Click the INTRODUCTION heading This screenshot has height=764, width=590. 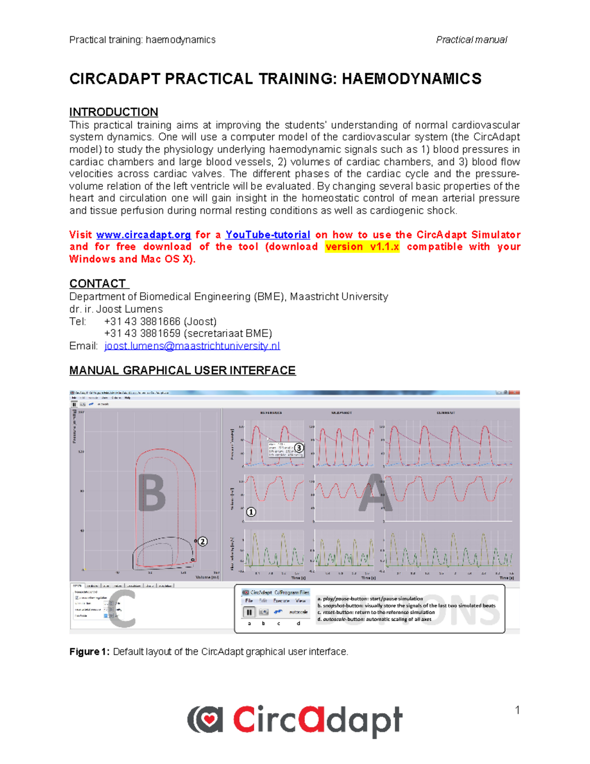point(114,112)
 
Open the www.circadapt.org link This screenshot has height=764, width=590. point(144,235)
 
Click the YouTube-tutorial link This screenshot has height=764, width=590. point(267,235)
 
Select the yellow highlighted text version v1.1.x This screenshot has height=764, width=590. point(362,247)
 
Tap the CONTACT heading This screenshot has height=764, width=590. point(98,284)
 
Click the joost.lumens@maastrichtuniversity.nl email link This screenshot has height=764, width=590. point(192,346)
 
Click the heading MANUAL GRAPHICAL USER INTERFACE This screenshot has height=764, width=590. point(182,370)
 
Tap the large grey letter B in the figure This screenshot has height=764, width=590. point(152,493)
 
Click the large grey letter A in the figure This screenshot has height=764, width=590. point(375,493)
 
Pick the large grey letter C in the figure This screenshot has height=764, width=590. point(122,609)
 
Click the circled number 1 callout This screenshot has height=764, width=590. point(251,512)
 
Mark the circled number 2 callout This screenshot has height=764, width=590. point(203,542)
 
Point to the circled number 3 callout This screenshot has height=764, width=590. point(299,448)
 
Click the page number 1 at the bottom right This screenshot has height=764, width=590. point(517,710)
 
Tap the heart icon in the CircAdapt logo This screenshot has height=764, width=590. point(209,720)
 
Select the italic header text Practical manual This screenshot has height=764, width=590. point(472,40)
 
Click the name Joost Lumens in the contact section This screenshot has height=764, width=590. point(129,309)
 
